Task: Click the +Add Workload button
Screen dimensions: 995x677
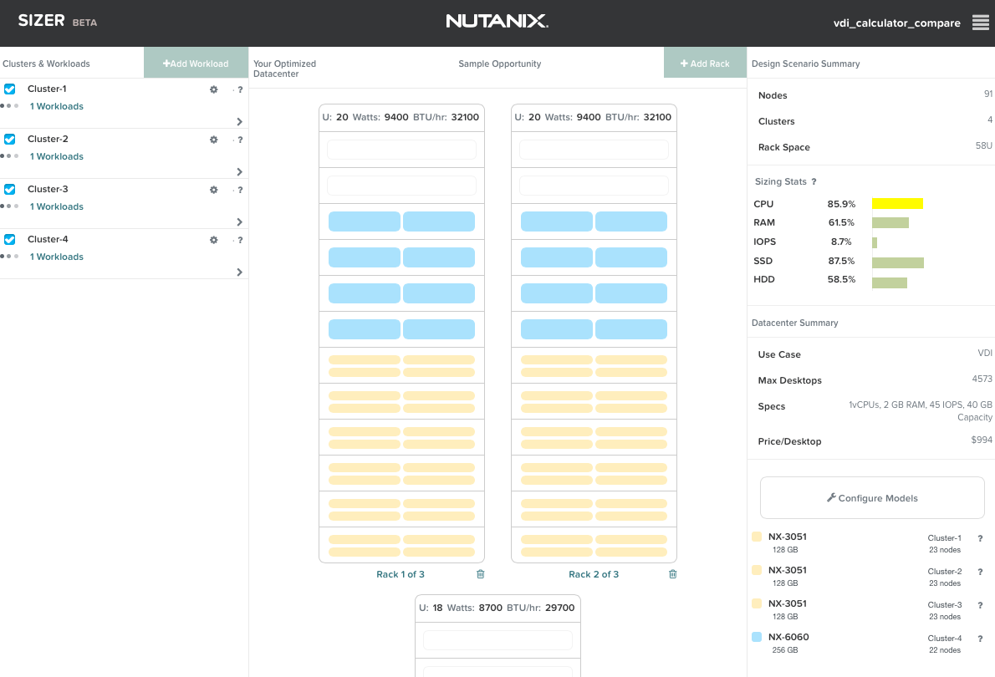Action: point(196,63)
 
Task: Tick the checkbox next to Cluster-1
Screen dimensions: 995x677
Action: point(9,89)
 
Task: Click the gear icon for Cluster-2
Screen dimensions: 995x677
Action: point(214,140)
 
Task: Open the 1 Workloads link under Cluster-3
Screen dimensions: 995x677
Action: point(57,206)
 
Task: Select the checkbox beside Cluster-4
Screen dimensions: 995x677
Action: point(9,239)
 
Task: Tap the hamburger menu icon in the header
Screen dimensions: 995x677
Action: point(981,23)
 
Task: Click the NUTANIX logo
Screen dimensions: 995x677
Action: point(497,21)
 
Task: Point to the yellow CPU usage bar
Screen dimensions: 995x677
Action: point(897,204)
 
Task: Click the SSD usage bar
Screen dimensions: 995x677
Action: point(898,262)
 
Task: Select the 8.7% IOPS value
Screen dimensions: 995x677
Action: point(841,242)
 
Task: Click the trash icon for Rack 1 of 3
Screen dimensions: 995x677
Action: point(481,573)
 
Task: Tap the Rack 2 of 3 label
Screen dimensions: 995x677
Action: point(594,574)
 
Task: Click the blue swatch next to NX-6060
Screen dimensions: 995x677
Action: point(757,637)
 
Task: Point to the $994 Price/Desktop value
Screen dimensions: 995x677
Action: point(982,440)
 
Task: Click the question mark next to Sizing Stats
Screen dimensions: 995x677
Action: point(814,181)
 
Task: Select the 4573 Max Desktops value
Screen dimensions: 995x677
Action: point(982,379)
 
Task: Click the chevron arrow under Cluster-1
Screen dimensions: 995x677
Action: point(239,121)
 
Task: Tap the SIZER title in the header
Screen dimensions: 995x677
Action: point(41,20)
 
